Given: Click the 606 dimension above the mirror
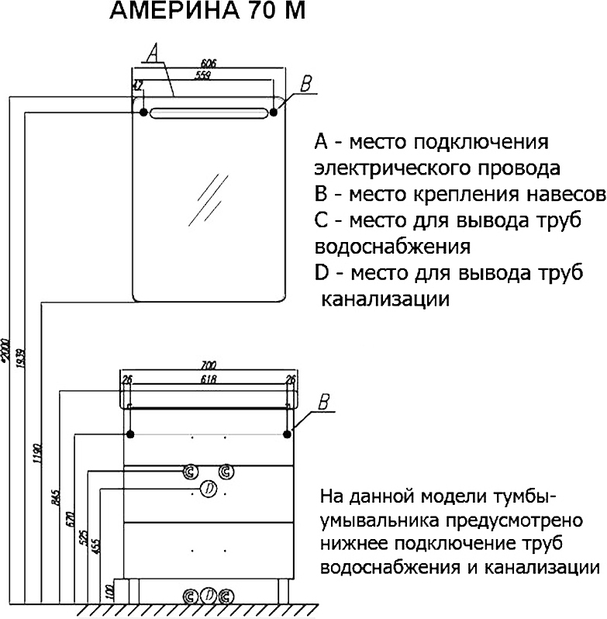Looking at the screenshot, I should (208, 63).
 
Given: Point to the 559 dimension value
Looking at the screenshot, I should (202, 75).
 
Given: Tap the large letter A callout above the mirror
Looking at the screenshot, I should (153, 52).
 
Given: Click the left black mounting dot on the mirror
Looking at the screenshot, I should (143, 112).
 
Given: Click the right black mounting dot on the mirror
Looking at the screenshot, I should (274, 112).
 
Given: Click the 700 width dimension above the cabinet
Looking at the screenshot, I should (208, 365).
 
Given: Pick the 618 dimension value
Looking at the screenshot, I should (208, 379).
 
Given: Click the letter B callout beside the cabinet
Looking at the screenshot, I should (325, 402).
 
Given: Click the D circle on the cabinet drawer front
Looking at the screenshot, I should (208, 488).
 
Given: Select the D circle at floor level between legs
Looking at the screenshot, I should (208, 596).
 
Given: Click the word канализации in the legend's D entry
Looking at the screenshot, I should (385, 299).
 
